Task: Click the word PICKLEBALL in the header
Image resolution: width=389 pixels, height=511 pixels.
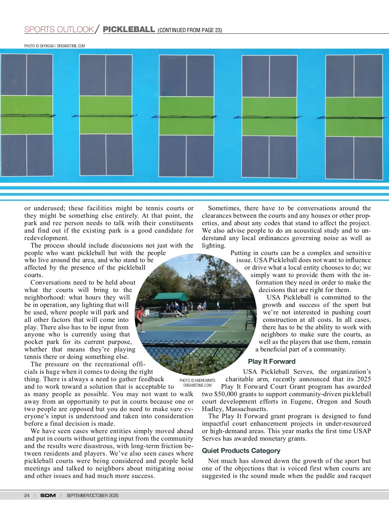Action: point(129,30)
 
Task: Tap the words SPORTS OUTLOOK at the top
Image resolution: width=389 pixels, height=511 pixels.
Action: point(59,30)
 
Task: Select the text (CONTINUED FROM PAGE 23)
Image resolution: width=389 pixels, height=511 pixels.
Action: point(190,30)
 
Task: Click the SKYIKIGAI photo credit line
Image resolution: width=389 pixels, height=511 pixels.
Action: point(54,46)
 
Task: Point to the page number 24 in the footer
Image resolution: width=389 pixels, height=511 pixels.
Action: point(27,495)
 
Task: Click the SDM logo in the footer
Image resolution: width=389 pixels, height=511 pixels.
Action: point(48,495)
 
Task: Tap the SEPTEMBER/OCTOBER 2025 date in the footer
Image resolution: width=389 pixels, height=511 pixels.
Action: point(92,495)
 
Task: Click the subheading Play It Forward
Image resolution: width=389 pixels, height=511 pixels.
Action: point(272,361)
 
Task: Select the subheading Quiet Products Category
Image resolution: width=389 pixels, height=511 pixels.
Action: point(241,451)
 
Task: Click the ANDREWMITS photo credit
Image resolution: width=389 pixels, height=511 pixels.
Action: point(197,383)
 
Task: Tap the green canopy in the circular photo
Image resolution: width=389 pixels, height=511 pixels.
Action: point(170,296)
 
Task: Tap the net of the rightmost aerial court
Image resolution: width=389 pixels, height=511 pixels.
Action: point(353,117)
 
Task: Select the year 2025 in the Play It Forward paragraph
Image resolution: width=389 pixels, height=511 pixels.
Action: point(364,379)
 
